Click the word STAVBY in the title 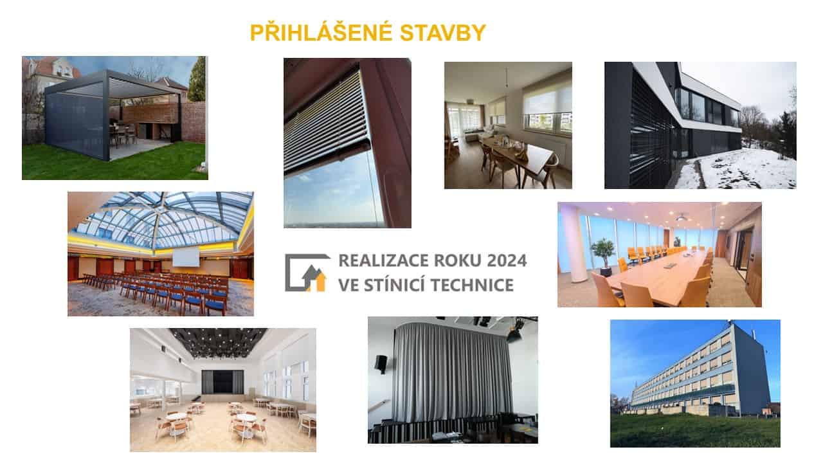pyautogui.click(x=443, y=33)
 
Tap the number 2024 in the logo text pyautogui.click(x=507, y=260)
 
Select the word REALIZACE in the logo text pyautogui.click(x=384, y=260)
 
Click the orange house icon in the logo pyautogui.click(x=318, y=282)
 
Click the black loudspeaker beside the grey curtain pyautogui.click(x=381, y=364)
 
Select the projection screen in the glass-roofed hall pyautogui.click(x=186, y=257)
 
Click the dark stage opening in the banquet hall pyautogui.click(x=222, y=382)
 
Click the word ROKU pyautogui.click(x=457, y=260)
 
